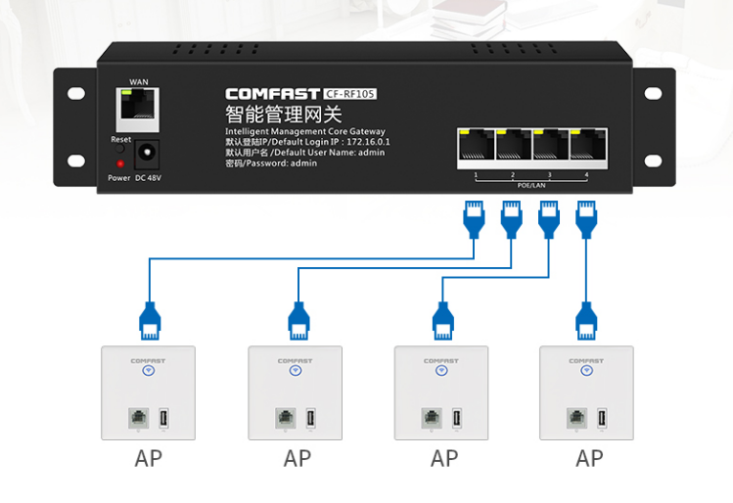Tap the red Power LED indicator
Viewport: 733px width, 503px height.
119,163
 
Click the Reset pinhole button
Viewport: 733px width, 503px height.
120,150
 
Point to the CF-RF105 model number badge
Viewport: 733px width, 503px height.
349,94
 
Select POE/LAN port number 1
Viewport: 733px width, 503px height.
476,146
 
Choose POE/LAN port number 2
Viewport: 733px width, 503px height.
513,146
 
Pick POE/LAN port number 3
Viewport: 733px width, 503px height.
550,146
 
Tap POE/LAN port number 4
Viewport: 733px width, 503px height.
587,146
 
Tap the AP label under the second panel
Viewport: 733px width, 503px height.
298,458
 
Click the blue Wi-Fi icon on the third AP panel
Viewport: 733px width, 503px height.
440,372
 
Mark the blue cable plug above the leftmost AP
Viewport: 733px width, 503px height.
150,319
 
